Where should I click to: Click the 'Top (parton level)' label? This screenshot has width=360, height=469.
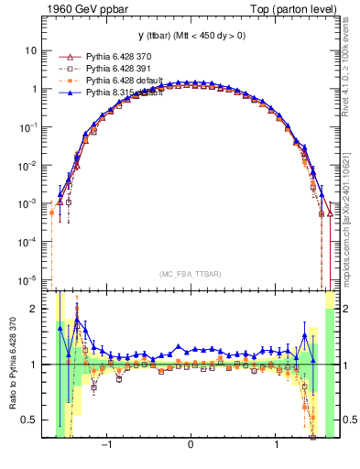click(x=293, y=9)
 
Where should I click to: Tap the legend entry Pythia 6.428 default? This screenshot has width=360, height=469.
click(x=125, y=81)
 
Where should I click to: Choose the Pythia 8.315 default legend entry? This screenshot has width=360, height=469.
click(x=125, y=93)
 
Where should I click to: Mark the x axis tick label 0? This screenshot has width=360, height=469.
click(x=191, y=446)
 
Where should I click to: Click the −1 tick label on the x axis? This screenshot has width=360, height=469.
click(x=107, y=446)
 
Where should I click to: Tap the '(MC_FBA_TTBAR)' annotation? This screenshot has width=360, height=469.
click(x=190, y=273)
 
